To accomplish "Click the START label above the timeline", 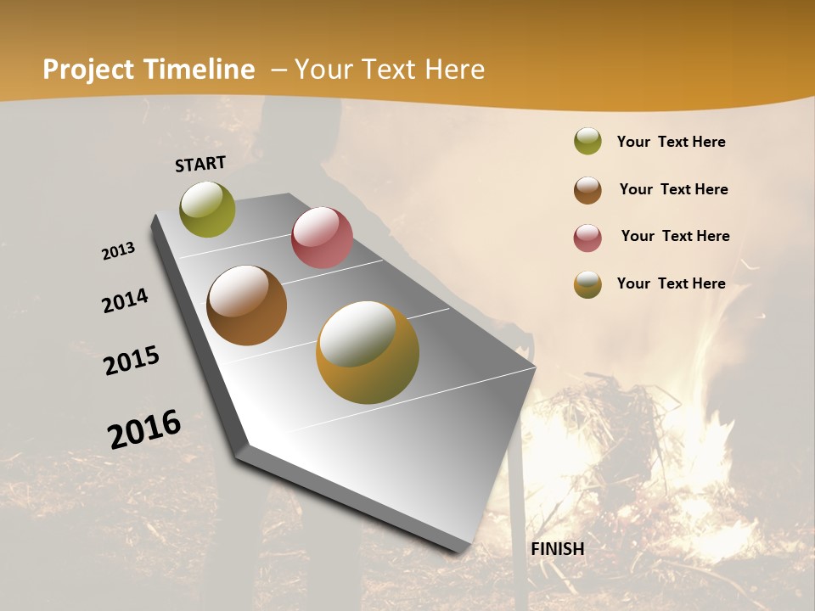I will (x=200, y=164).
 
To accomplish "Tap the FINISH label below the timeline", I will (x=558, y=549).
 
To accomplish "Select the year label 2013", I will (x=118, y=251).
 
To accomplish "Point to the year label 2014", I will (x=125, y=300).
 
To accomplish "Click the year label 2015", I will (x=132, y=361).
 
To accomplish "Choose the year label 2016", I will (x=144, y=429).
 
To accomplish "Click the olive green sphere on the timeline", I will (x=207, y=209).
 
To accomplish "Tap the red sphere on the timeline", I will (x=322, y=238).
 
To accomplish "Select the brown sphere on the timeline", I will (x=246, y=305).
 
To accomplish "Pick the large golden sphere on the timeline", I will (x=368, y=352).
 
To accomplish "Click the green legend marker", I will (x=587, y=142).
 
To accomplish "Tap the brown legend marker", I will (x=587, y=190).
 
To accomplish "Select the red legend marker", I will (x=587, y=238).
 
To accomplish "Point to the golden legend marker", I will (x=587, y=285).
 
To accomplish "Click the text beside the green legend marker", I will (x=671, y=142).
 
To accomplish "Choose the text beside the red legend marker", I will (x=675, y=236).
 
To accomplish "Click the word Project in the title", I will (x=89, y=70).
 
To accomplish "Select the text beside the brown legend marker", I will (x=673, y=189).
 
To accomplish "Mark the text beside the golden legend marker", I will (x=671, y=283).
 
